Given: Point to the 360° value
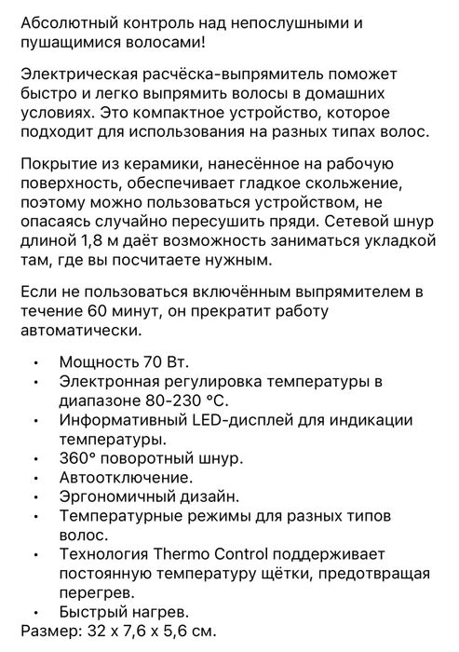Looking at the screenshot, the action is click(76, 459).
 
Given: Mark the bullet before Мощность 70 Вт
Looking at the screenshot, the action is click(35, 363).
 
